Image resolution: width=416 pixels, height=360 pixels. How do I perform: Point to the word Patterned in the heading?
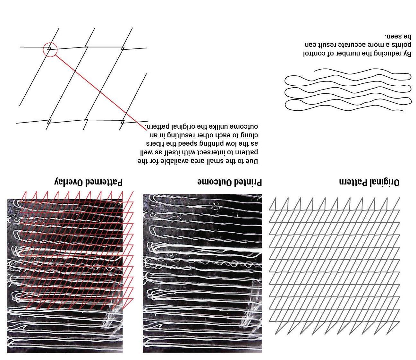point(103,183)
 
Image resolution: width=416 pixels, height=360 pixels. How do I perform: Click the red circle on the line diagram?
point(50,50)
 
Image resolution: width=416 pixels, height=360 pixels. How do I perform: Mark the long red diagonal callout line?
point(99,91)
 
